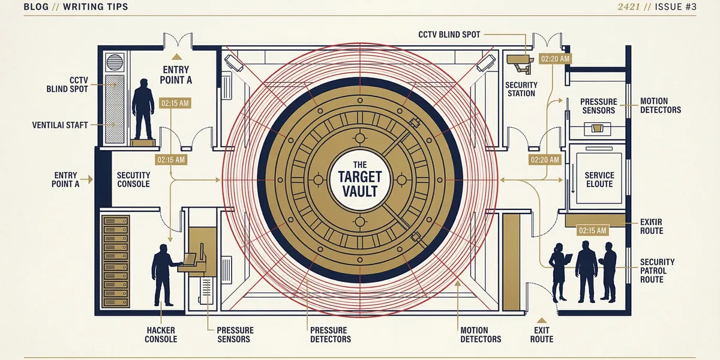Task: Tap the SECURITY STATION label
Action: [x=521, y=89]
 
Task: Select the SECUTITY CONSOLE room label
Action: [x=133, y=179]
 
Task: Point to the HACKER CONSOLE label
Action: [x=161, y=335]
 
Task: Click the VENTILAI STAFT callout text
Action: [x=60, y=125]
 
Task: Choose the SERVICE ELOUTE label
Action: [x=599, y=179]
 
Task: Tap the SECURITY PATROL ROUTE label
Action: [x=657, y=271]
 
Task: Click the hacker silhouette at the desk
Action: [x=163, y=273]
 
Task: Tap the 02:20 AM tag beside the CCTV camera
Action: [x=555, y=59]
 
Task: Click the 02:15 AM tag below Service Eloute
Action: [x=591, y=230]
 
